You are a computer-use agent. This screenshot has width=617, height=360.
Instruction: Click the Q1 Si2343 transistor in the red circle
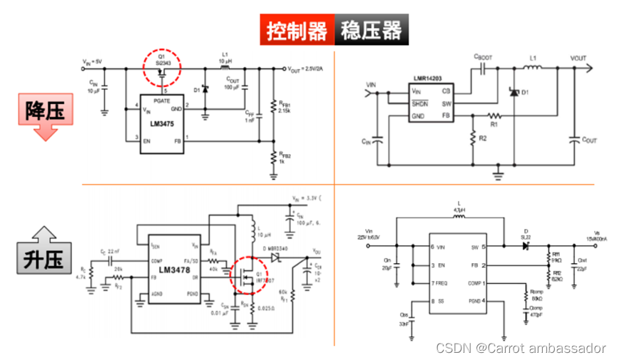coord(163,68)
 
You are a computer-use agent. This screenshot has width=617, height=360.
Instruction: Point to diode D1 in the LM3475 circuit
coord(206,91)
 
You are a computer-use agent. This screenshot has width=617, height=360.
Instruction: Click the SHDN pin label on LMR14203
coord(420,103)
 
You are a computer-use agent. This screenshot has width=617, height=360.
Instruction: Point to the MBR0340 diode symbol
coord(275,254)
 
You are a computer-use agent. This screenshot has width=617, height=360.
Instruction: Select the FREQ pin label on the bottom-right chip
coord(442,283)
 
